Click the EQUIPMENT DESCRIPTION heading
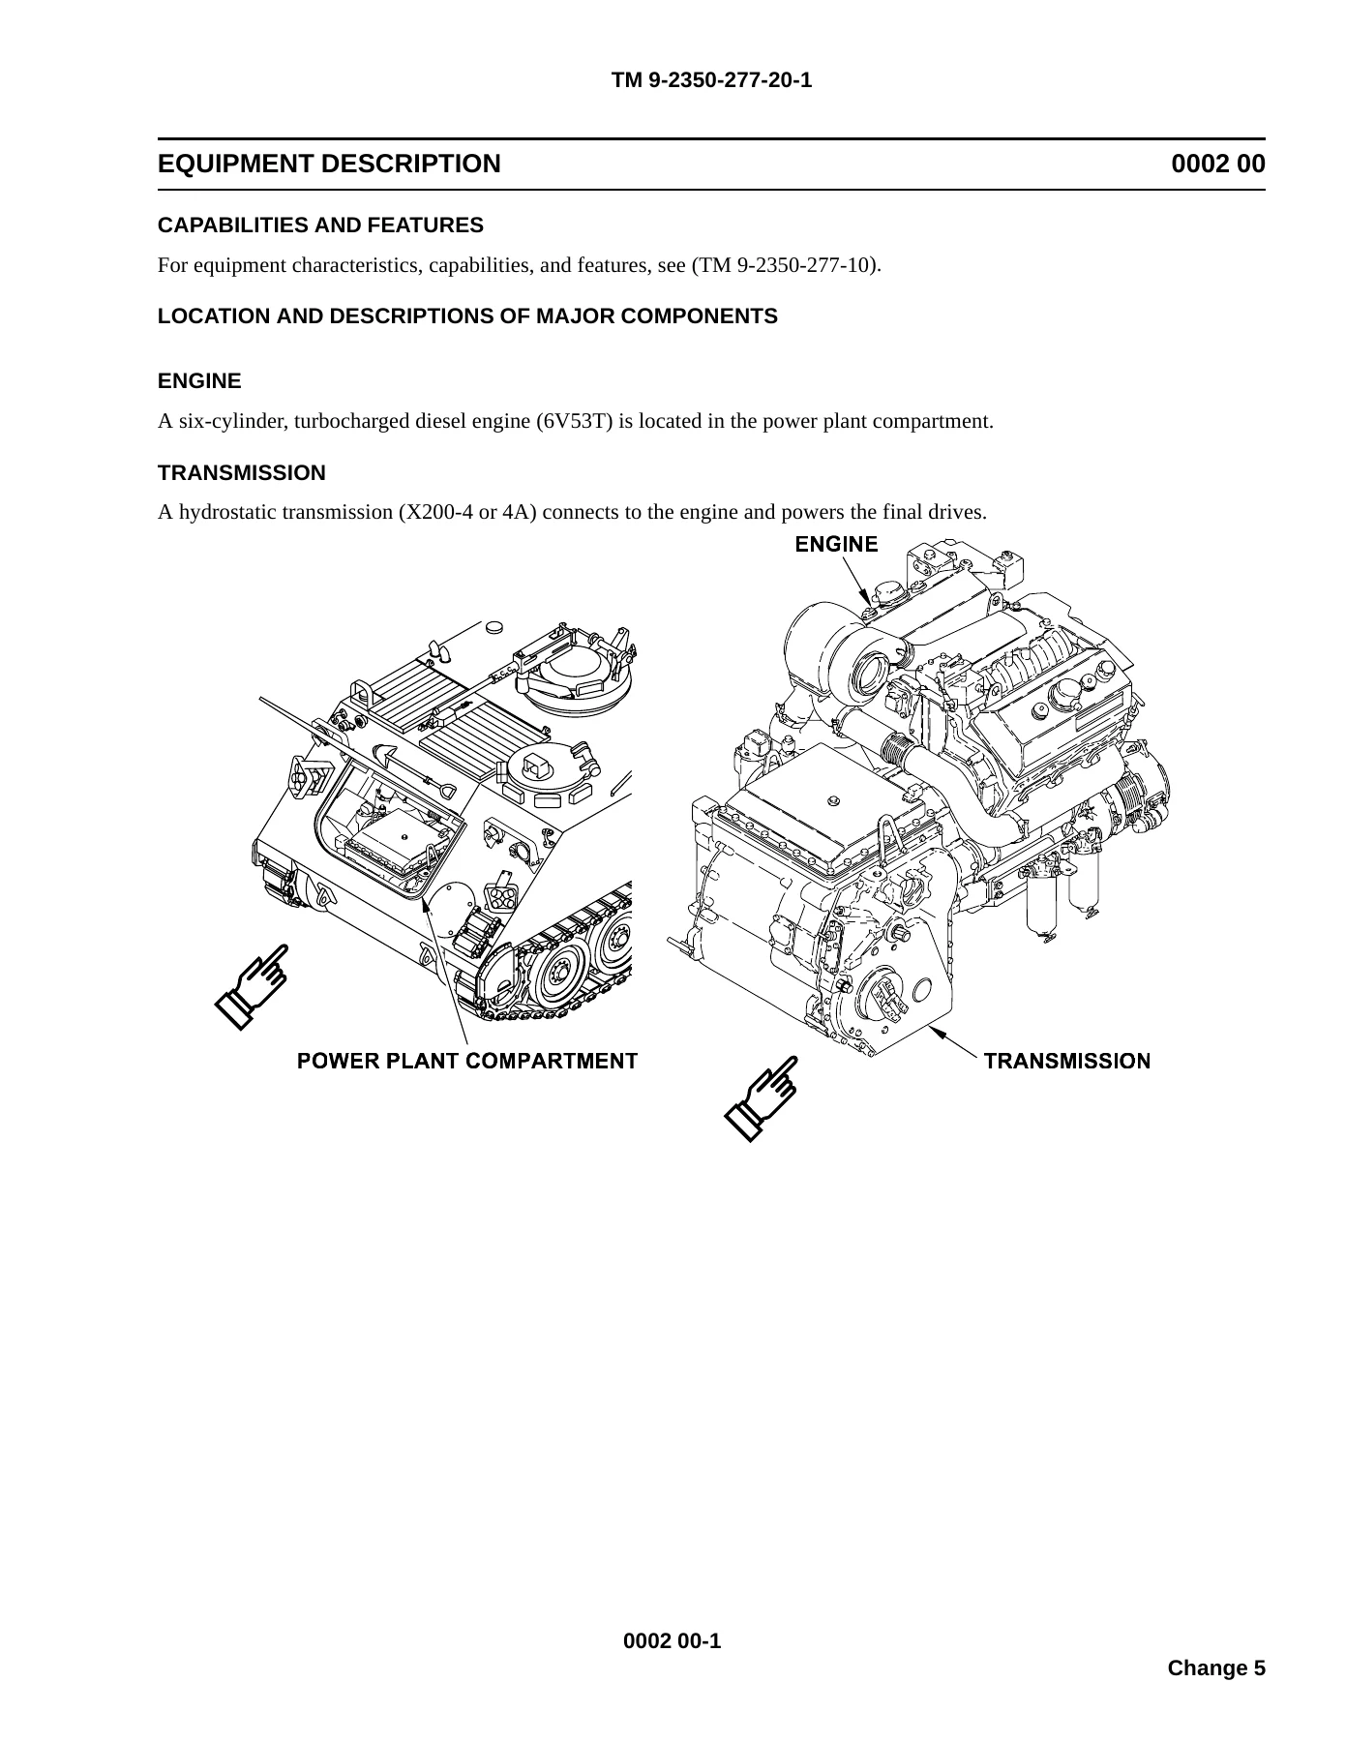[x=329, y=164]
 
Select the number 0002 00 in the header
[x=1218, y=164]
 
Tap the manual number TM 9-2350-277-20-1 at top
[x=711, y=80]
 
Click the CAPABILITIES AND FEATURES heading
[x=320, y=225]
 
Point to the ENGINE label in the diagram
[x=836, y=544]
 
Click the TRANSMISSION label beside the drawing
[x=1067, y=1061]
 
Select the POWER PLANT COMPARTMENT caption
[x=467, y=1061]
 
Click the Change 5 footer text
[x=1216, y=1667]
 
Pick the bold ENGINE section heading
[x=199, y=381]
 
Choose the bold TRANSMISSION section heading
[x=242, y=473]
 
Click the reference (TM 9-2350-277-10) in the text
[x=785, y=265]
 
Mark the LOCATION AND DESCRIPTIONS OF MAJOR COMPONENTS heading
[x=467, y=316]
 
